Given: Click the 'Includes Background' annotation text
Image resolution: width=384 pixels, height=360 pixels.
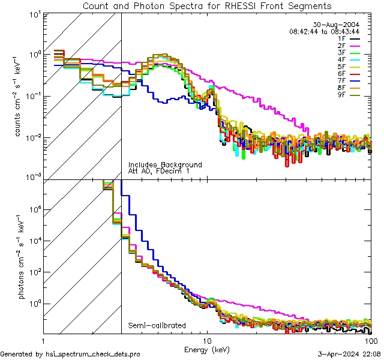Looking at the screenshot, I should click(165, 164).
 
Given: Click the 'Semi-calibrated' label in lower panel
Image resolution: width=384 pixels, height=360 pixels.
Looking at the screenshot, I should click(157, 326).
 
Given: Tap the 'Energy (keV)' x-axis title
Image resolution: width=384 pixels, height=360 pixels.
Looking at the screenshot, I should click(206, 349).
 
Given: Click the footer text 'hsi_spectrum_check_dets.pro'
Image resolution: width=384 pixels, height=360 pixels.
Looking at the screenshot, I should click(93, 355).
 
